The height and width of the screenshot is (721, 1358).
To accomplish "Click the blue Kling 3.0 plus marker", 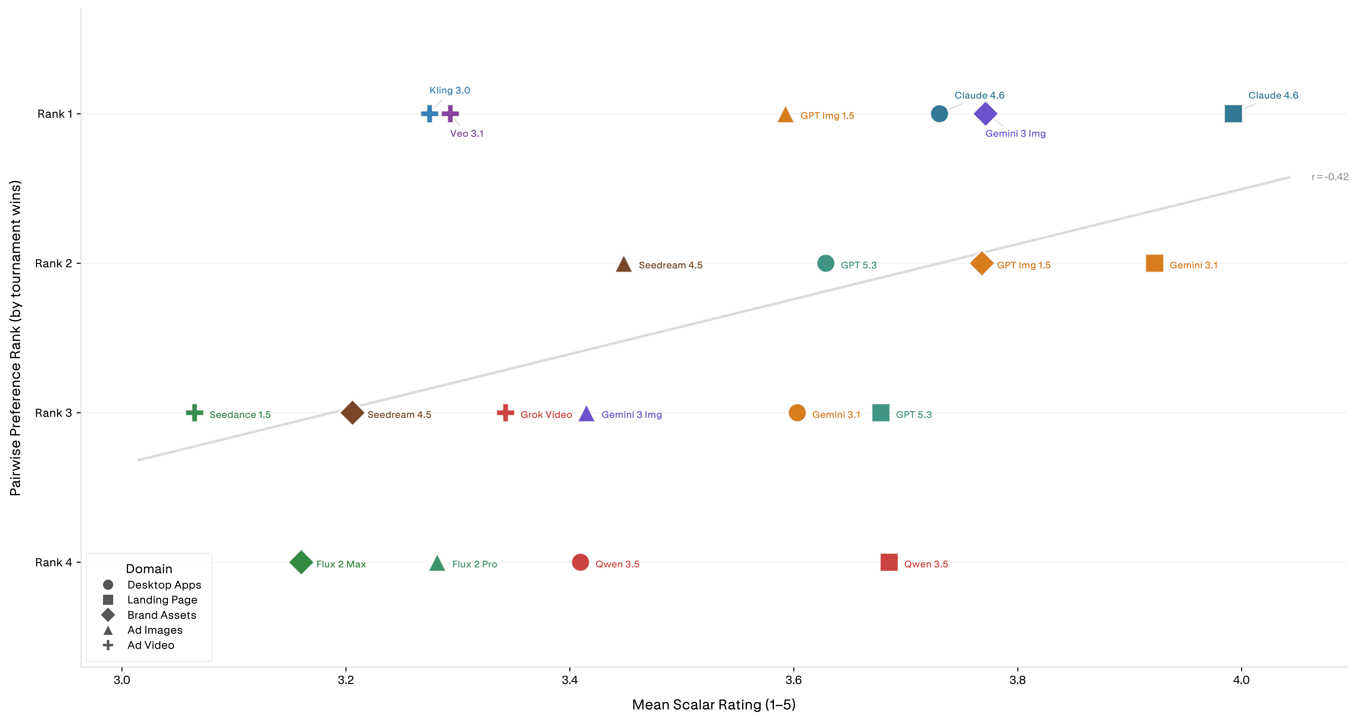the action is [x=430, y=113].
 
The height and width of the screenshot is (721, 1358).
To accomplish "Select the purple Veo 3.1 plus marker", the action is [x=450, y=113].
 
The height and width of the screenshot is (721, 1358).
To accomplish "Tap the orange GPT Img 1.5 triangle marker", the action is [x=786, y=114].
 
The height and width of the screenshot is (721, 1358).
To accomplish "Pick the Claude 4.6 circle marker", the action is [x=939, y=113].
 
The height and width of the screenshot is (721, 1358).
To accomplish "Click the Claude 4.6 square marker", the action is [x=1233, y=113].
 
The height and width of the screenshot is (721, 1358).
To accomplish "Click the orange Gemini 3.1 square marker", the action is [x=1154, y=263].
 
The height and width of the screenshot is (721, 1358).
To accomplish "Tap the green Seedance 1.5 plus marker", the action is [x=195, y=413].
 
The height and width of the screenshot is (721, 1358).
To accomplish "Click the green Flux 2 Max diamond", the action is [x=301, y=562].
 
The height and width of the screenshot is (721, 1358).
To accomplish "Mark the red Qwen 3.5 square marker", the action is [x=889, y=562].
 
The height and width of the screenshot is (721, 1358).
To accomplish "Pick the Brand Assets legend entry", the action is [x=149, y=615].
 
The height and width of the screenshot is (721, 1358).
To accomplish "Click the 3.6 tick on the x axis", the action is [x=793, y=680].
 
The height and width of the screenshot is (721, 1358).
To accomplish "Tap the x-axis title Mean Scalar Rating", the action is [x=714, y=705].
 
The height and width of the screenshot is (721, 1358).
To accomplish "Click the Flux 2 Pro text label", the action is [x=474, y=564].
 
